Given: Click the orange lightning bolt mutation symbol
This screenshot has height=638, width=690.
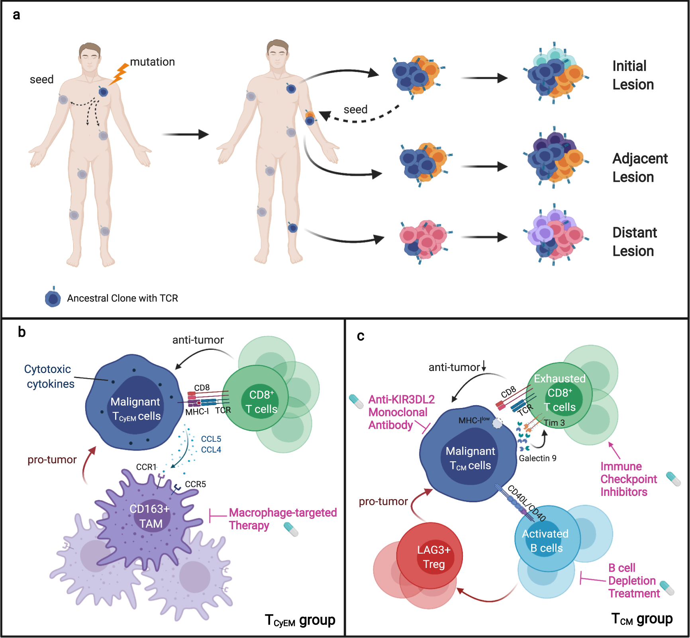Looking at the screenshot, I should click(x=119, y=74).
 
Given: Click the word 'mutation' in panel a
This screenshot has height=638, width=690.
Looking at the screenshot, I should click(x=152, y=62).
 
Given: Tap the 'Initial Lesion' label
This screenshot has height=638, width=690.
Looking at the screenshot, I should click(x=633, y=75).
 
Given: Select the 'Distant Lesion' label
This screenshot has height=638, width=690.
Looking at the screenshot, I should click(x=634, y=242).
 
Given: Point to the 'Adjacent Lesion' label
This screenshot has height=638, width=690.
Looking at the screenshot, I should click(x=639, y=168).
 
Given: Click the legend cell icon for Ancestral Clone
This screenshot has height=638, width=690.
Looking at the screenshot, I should click(x=53, y=298).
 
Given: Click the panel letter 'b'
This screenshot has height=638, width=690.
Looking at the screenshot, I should click(x=22, y=332).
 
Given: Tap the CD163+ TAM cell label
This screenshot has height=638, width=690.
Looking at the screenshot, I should click(x=150, y=516).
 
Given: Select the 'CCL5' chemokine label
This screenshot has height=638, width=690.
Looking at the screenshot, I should click(x=211, y=439).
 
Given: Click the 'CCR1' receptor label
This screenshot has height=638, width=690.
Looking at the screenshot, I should click(x=146, y=467).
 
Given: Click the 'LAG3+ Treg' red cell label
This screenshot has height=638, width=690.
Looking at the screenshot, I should click(x=433, y=557).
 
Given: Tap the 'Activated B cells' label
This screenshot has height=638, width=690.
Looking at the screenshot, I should click(x=545, y=541).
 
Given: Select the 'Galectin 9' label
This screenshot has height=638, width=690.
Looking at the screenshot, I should click(x=537, y=459).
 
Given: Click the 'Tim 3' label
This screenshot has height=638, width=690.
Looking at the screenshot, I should click(x=554, y=423).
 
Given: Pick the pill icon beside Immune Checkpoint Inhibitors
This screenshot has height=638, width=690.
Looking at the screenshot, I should click(x=673, y=479).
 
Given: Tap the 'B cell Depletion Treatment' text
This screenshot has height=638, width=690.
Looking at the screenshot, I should click(x=633, y=581).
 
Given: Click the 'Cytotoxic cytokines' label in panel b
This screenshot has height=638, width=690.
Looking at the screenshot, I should click(x=49, y=376).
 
